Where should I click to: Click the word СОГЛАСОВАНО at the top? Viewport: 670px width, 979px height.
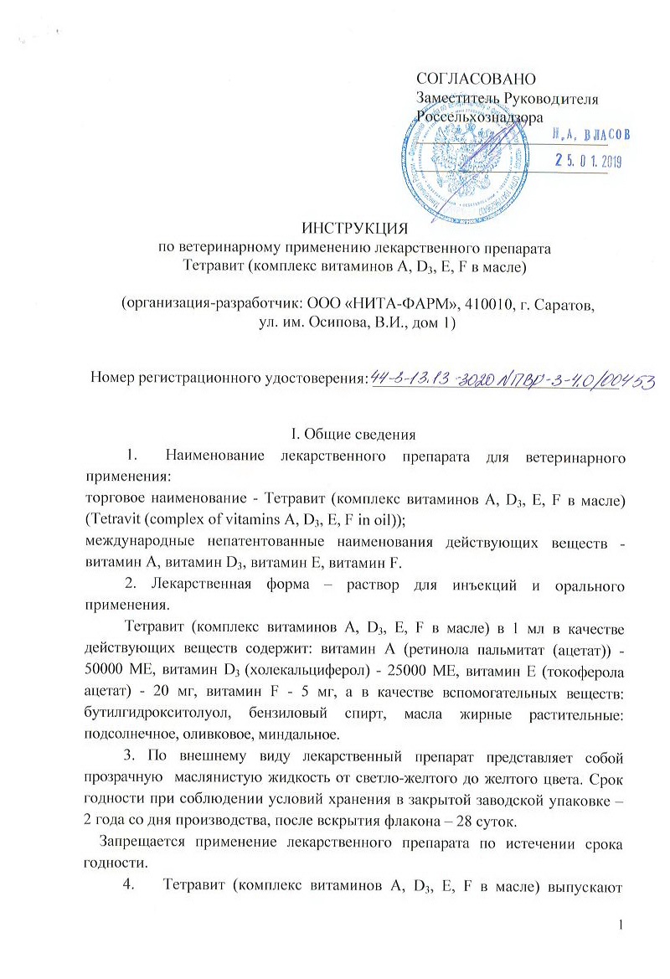pyautogui.click(x=475, y=80)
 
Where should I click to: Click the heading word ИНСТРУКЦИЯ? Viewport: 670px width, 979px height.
pyautogui.click(x=354, y=228)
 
